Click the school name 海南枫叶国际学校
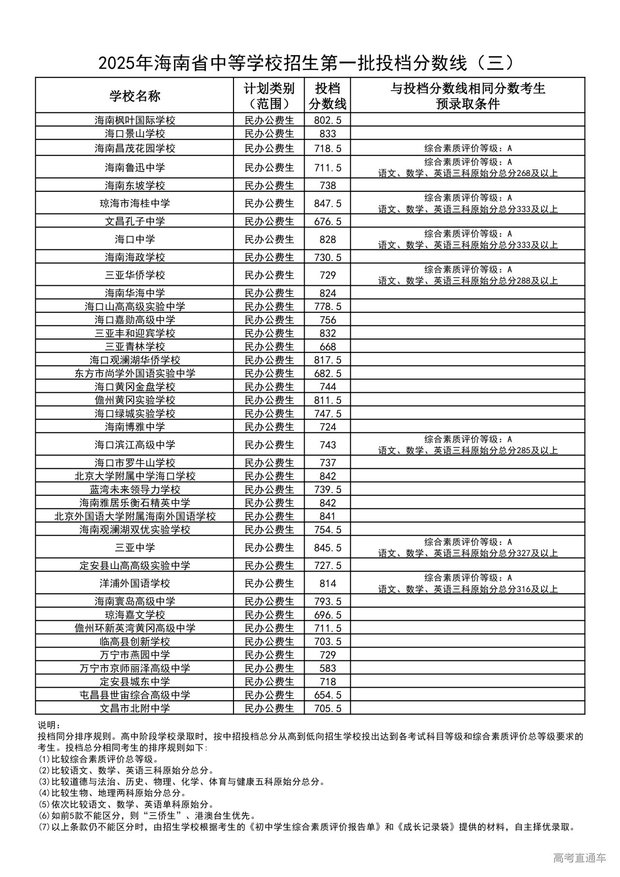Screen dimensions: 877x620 pyautogui.click(x=135, y=120)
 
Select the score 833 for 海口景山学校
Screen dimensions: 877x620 pyautogui.click(x=327, y=134)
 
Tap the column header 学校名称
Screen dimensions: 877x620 pyautogui.click(x=135, y=96)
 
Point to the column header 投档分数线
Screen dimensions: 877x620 pyautogui.click(x=327, y=96)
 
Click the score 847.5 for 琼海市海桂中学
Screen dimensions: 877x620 pyautogui.click(x=327, y=203)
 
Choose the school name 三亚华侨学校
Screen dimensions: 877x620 pyautogui.click(x=135, y=275)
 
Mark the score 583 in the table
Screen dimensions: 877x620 pyautogui.click(x=327, y=668)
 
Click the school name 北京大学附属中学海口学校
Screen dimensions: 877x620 pyautogui.click(x=135, y=476)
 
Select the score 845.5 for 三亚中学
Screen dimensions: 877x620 pyautogui.click(x=327, y=548)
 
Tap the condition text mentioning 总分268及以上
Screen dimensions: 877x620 pyautogui.click(x=468, y=173)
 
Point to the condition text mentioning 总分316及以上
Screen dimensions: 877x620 pyautogui.click(x=468, y=589)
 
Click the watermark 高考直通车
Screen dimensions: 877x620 pyautogui.click(x=579, y=857)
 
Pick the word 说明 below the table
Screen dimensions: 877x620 pyautogui.click(x=48, y=725)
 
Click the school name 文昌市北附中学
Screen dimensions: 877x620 pyautogui.click(x=135, y=708)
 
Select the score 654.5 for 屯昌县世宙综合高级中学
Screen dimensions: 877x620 pyautogui.click(x=327, y=695)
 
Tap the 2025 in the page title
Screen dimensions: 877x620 pyautogui.click(x=116, y=63)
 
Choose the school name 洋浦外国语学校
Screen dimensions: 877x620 pyautogui.click(x=135, y=584)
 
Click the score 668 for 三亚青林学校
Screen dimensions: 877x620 pyautogui.click(x=327, y=347)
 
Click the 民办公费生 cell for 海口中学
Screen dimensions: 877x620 pyautogui.click(x=269, y=239)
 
